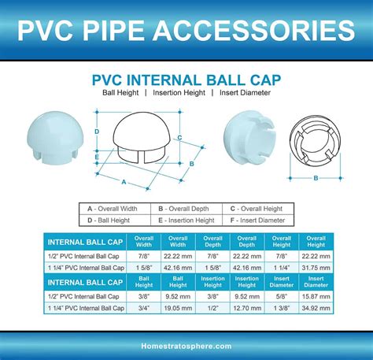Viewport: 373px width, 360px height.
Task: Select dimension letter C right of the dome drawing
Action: click(x=180, y=138)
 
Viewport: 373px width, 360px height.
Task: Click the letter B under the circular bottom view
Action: click(x=316, y=178)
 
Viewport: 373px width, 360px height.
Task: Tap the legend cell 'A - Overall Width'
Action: click(x=114, y=208)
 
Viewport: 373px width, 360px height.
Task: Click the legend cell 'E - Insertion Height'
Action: click(x=186, y=220)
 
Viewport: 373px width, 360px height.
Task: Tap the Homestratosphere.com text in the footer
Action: click(x=186, y=346)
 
